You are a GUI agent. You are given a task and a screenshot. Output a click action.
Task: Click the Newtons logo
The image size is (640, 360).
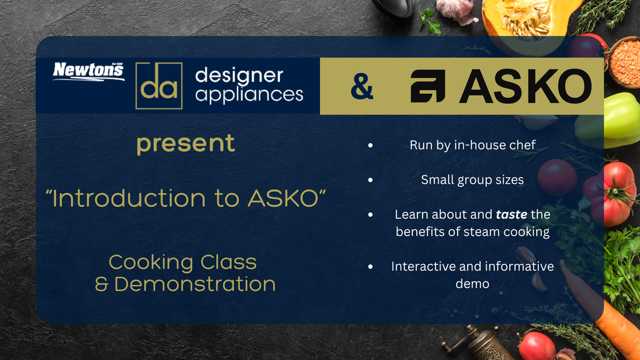(89, 71)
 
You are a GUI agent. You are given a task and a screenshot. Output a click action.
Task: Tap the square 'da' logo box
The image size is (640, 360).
(159, 86)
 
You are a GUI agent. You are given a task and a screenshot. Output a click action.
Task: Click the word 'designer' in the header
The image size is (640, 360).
(239, 76)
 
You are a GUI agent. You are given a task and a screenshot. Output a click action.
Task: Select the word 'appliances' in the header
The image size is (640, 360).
(249, 95)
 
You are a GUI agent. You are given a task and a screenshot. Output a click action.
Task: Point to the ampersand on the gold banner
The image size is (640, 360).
(362, 86)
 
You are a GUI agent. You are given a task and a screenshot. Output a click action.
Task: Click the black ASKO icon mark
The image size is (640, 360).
(427, 86)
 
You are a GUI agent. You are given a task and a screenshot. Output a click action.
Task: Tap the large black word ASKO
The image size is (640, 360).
(525, 86)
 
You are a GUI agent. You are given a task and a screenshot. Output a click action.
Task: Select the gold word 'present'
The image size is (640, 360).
(186, 144)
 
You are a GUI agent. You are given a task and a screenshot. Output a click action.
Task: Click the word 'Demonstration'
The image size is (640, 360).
(195, 284)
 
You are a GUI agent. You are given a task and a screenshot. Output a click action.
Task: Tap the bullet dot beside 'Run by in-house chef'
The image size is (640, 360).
(370, 145)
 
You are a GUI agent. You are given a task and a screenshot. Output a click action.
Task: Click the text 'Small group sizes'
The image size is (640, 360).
(472, 180)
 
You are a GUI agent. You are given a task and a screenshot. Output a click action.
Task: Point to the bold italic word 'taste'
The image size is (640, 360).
(511, 214)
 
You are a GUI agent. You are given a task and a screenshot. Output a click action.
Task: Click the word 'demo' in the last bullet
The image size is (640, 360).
(472, 284)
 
